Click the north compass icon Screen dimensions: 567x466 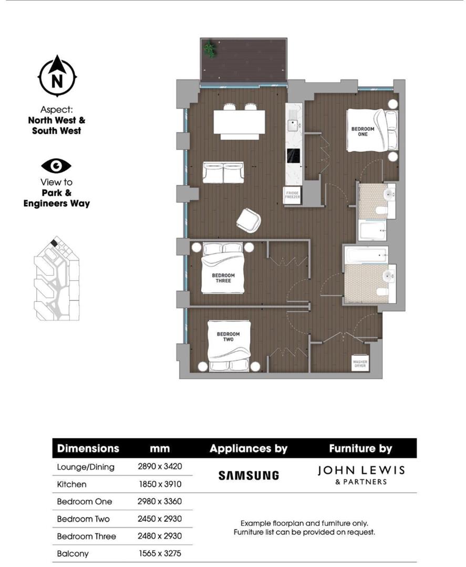tap(57, 77)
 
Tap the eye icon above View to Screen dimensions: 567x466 tap(56, 166)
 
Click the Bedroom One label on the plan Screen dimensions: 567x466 tap(363, 131)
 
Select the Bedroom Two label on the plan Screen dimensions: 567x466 tap(228, 337)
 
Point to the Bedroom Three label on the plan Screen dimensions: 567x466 tap(223, 278)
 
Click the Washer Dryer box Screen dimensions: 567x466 tap(360, 363)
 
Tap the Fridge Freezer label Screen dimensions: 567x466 tap(292, 195)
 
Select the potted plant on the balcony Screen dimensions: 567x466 tap(210, 49)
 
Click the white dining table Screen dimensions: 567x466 tap(239, 122)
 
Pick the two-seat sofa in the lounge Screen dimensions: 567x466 tap(223, 172)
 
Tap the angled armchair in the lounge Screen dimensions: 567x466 tap(248, 219)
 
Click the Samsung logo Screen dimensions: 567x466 tap(248, 476)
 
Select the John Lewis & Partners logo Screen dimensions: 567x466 tap(361, 475)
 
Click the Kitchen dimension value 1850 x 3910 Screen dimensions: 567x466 tap(160, 484)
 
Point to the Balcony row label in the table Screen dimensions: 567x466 tap(73, 553)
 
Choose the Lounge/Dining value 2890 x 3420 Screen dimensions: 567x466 tap(160, 466)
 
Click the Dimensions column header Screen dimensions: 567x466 tap(88, 449)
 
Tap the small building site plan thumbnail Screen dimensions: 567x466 tap(57, 279)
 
